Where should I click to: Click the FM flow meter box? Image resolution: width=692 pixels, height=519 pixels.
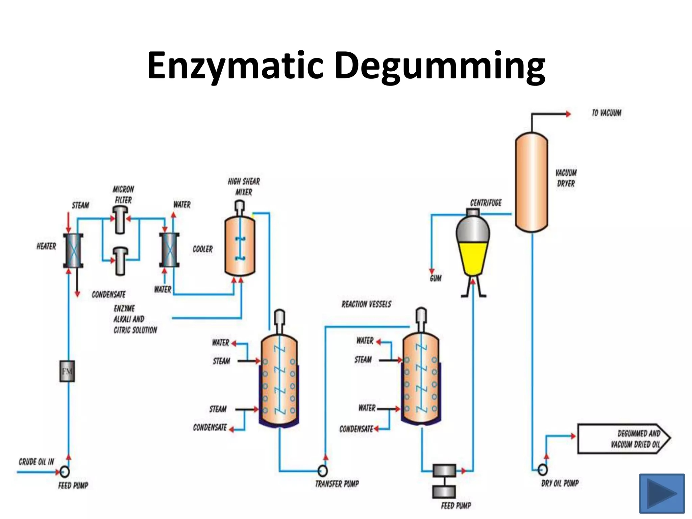click(67, 371)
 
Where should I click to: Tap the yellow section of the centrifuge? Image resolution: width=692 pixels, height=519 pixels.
click(473, 257)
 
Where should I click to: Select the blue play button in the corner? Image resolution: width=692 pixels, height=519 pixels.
click(662, 493)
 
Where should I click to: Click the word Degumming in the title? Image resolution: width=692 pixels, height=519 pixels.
click(439, 66)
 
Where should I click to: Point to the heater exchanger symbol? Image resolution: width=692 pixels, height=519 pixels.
click(73, 250)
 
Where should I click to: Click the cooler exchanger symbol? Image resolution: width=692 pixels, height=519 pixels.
click(169, 250)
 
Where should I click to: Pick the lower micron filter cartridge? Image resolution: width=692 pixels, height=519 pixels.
click(120, 261)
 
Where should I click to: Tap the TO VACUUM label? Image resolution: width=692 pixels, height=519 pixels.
click(606, 113)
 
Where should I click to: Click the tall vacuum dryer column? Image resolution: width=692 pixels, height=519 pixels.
click(531, 182)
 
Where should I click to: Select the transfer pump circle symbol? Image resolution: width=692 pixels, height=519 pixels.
click(323, 470)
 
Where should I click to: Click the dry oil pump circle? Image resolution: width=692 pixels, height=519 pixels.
click(543, 469)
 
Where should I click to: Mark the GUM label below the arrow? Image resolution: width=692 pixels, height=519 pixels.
click(436, 278)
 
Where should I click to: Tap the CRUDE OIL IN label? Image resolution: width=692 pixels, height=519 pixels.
click(36, 462)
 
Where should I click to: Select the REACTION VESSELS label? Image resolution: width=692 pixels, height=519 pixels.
click(366, 304)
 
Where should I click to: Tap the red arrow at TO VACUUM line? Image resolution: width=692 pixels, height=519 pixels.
click(568, 114)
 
